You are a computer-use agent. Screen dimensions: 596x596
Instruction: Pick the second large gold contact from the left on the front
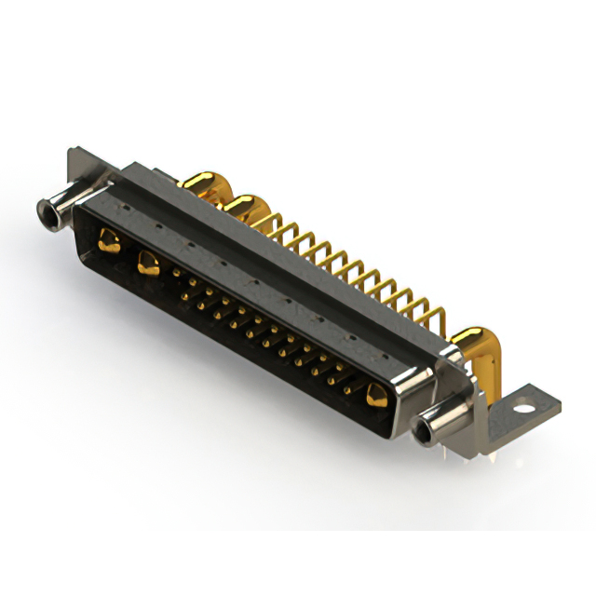pyautogui.click(x=147, y=263)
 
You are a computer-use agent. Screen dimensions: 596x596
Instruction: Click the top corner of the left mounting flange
pyautogui.click(x=73, y=151)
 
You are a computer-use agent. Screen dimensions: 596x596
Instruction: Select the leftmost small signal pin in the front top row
pyautogui.click(x=177, y=272)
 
